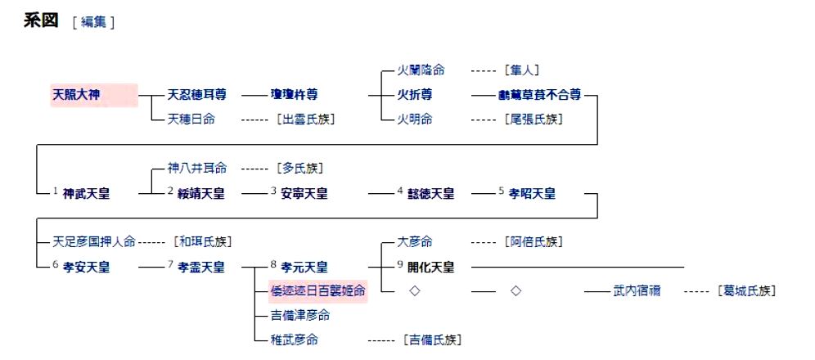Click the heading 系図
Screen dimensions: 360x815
coord(41,20)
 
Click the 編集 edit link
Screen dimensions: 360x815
coord(93,22)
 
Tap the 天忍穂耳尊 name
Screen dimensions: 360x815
coord(197,95)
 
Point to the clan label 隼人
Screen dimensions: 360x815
coord(521,70)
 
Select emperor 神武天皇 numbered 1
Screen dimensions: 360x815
coord(86,194)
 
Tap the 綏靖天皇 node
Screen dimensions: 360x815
coord(201,194)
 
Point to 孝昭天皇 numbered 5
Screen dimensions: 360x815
coord(532,194)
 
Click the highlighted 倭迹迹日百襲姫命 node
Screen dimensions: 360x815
coord(318,290)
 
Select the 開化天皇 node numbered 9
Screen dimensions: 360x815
coord(430,267)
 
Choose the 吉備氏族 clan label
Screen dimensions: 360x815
coord(431,339)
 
